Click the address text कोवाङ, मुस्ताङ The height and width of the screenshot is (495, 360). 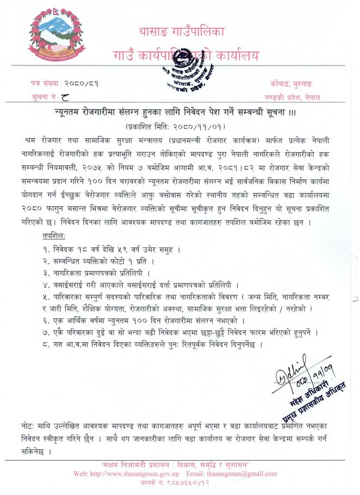(295, 84)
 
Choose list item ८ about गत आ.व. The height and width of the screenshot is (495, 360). (152, 344)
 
